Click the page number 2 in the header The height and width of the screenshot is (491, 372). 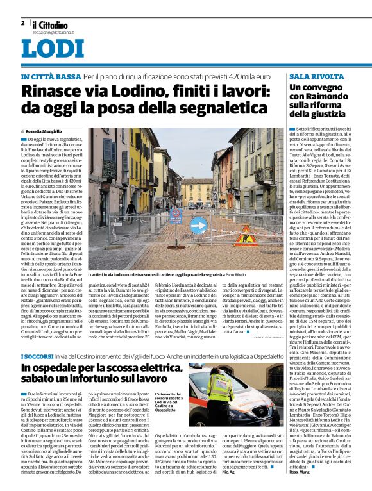22,23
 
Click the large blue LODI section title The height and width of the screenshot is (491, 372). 52,49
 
